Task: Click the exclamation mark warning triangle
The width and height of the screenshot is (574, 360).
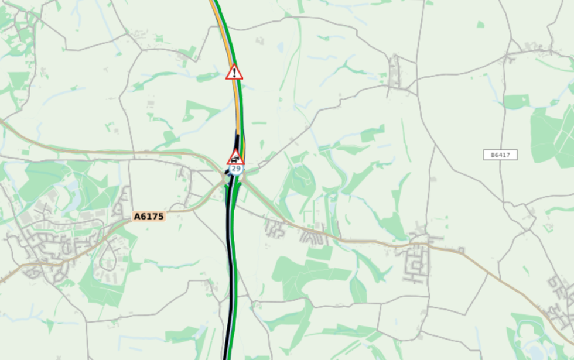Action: pos(234,73)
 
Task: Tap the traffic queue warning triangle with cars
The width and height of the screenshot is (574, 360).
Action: pos(235,157)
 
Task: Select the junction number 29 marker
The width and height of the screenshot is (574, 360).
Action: pos(235,169)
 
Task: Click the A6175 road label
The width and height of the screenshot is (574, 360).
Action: pos(149,217)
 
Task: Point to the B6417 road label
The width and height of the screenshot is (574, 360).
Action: pos(500,155)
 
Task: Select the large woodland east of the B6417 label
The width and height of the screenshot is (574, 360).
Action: pos(551,135)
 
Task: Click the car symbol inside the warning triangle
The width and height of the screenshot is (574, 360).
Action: pos(235,159)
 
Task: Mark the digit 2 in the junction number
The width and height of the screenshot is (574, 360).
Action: pos(234,169)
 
